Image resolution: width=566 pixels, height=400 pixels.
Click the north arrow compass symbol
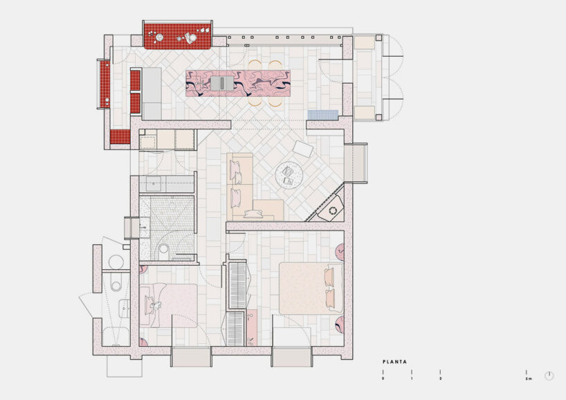[x=549, y=376]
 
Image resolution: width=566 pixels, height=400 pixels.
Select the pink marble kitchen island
[x=237, y=83]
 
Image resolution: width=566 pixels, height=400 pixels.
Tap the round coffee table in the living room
[x=289, y=174]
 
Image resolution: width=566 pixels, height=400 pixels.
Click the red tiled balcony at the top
[x=177, y=35]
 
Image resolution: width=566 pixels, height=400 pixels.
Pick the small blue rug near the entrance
[x=322, y=115]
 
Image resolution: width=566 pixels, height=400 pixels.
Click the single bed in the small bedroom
[x=169, y=304]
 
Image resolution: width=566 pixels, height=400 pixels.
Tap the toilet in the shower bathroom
[x=165, y=248]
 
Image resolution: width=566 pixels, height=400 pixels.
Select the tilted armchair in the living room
[x=303, y=149]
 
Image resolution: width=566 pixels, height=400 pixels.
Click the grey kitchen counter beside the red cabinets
[x=152, y=93]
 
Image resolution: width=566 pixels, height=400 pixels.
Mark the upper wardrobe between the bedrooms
[x=237, y=284]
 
